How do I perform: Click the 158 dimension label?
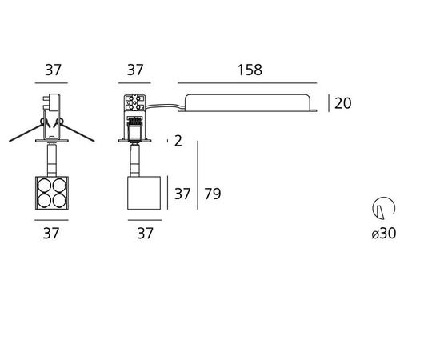coord(250,70)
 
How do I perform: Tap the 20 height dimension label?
coord(342,103)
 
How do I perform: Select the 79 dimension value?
coord(213,194)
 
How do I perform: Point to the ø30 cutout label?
coord(383,233)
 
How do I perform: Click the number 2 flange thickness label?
coord(178,141)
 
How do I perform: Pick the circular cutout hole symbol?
coord(383,208)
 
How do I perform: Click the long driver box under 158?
coord(247,103)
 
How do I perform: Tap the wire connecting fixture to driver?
coord(165,106)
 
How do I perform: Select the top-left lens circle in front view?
coord(44,186)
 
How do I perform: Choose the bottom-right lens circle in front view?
coord(59,201)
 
